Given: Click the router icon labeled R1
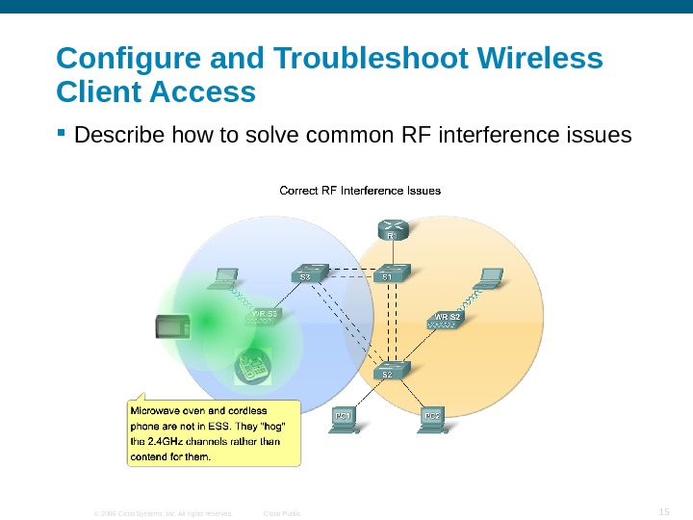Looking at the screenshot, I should (x=392, y=228).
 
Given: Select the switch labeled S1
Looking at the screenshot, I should (x=390, y=273).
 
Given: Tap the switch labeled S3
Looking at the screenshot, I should (x=307, y=273).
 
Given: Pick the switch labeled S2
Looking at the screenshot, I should (x=389, y=369).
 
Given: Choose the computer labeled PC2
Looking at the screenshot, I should (x=434, y=420).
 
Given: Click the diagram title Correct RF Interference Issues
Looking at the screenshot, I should (x=360, y=190).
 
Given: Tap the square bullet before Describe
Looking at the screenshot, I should (x=63, y=134).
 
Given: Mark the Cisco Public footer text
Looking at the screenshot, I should (x=282, y=513).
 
